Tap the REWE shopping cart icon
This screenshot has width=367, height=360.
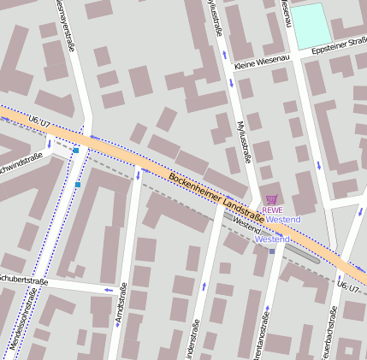click(x=272, y=199)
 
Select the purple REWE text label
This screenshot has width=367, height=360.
click(x=272, y=210)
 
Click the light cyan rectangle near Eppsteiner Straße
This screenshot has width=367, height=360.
click(x=311, y=24)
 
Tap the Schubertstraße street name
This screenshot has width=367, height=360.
click(x=21, y=280)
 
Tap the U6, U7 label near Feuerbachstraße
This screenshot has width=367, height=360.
click(x=348, y=286)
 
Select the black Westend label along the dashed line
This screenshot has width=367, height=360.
click(x=246, y=227)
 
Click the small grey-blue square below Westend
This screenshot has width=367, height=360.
click(x=272, y=251)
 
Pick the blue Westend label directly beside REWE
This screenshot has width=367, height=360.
click(x=284, y=220)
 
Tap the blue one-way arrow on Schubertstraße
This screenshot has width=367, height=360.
click(x=108, y=290)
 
